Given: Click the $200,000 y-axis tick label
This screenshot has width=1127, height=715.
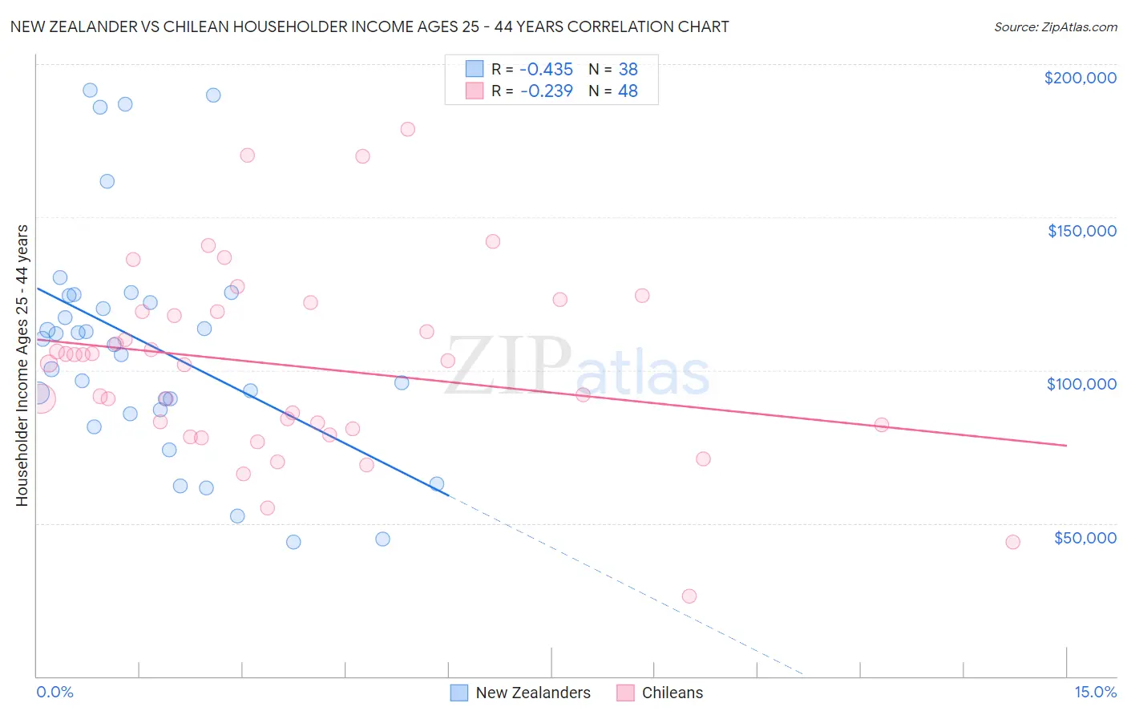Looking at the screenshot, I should coord(1080,78).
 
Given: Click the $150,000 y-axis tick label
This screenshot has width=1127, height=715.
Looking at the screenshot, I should coord(1081,231).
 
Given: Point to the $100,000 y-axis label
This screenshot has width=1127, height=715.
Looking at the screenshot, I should coord(1081,384).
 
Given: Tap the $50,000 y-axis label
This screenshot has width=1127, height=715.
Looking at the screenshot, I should coord(1085,538).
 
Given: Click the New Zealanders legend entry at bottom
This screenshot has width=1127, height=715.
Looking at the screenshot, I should coord(532,693).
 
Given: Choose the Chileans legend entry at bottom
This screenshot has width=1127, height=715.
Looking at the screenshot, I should coord(672,693).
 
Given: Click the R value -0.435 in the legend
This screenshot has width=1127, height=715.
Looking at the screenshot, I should coord(546,69).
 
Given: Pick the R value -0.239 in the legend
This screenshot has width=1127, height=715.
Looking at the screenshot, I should coord(546,91).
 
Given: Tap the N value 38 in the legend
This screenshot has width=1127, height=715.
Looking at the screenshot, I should coord(628,69).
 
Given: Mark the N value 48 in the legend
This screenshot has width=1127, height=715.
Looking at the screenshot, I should coord(628,91).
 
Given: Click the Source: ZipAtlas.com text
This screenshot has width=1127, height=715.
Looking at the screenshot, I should coord(1055,27).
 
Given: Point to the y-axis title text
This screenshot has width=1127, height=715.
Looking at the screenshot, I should coord(22,366).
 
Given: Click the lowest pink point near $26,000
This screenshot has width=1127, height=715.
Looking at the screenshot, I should coord(689,596).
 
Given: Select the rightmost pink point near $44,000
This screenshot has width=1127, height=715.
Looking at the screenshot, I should coord(1012,542).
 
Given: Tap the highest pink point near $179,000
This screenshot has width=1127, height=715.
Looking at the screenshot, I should coord(407,129).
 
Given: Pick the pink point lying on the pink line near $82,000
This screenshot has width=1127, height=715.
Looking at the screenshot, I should coord(882,425).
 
